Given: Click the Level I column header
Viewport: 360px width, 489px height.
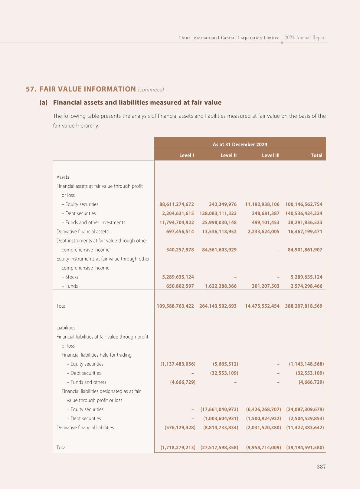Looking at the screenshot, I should (x=186, y=155).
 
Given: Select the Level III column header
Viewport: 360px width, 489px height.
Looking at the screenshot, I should (x=270, y=155).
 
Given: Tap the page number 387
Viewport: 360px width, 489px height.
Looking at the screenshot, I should (x=321, y=467).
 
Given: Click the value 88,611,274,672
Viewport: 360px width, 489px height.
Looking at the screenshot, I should (x=177, y=204).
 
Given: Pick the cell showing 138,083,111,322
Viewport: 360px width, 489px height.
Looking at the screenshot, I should (x=218, y=213).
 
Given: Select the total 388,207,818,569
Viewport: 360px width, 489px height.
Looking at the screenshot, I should (x=304, y=306).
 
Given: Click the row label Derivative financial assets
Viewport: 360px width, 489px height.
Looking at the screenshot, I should (x=82, y=232).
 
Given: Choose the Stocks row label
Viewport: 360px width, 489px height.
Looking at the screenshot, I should (x=72, y=277).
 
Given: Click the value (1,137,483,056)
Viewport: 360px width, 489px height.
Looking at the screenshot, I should (x=178, y=364).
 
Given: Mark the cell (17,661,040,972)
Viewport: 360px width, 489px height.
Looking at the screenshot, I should (x=219, y=409).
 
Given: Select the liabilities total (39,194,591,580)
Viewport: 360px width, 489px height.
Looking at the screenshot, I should (x=305, y=448).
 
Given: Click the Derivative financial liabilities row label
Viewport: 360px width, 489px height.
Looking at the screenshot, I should (x=85, y=428).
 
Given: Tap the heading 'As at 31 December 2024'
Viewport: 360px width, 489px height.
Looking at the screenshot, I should (x=240, y=144).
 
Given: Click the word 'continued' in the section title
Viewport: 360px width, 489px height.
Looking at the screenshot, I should (x=151, y=90).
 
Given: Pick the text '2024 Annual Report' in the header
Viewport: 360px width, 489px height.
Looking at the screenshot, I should (x=305, y=38).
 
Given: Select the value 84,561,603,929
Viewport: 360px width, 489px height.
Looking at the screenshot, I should (x=219, y=250).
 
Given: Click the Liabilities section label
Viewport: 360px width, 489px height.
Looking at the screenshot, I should (x=66, y=328).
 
